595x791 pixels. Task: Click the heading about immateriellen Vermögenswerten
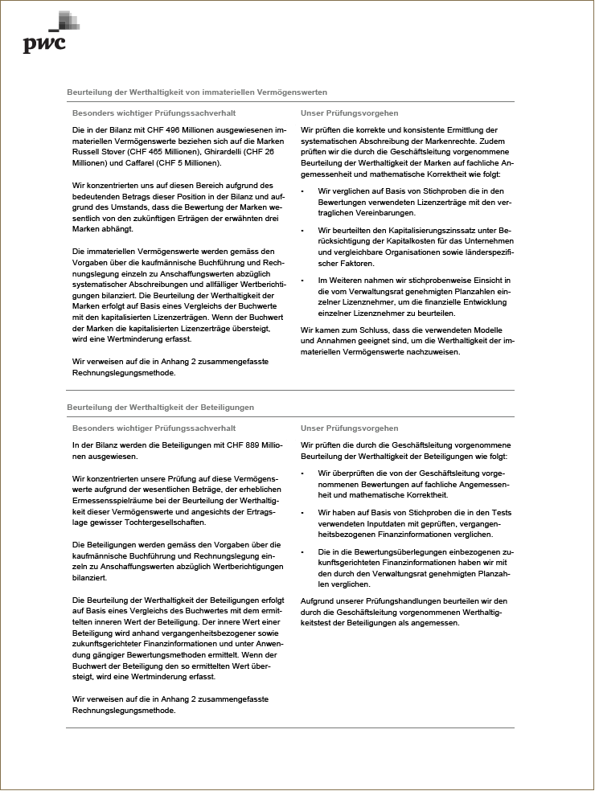tap(197, 93)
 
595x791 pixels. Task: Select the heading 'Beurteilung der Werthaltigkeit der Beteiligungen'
tap(160, 408)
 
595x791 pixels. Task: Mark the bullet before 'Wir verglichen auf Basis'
tap(302, 191)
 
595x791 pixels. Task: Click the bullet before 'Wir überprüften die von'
tap(302, 473)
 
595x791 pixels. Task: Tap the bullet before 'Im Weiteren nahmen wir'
tap(302, 280)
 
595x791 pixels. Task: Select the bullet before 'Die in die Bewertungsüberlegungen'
tap(302, 551)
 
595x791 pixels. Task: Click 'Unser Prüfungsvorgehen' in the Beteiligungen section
tap(349, 428)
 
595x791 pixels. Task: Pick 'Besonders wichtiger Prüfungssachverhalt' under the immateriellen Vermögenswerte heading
tap(154, 113)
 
